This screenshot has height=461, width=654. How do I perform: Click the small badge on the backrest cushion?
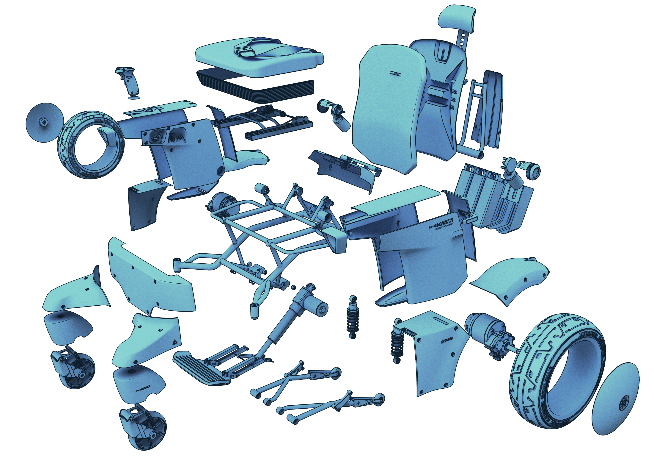pos(395,73)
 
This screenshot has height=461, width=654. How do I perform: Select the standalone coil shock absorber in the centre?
pos(353,317)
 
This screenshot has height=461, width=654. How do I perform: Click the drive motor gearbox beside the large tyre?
pos(490,336)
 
